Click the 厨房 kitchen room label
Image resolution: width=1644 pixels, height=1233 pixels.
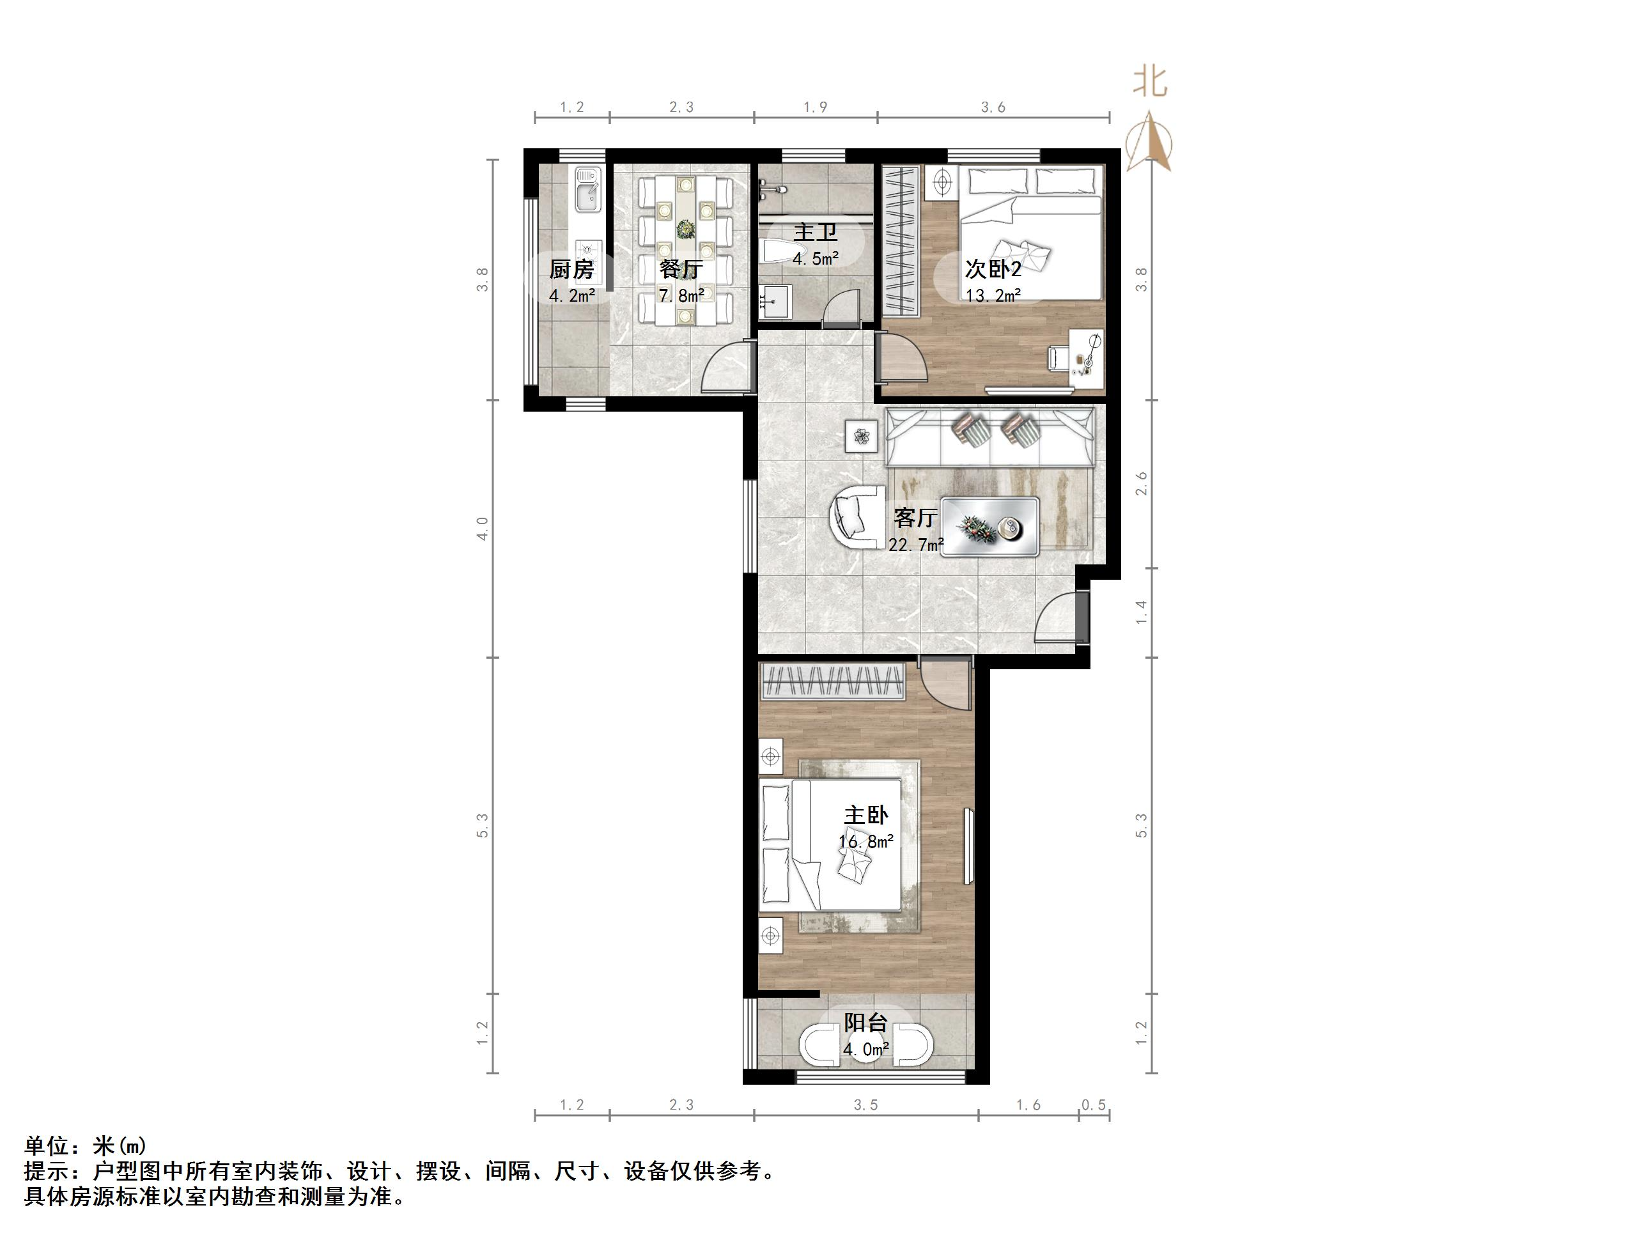(x=571, y=269)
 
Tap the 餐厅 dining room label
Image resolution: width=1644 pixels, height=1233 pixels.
(x=681, y=269)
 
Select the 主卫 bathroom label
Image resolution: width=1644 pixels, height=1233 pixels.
(x=816, y=233)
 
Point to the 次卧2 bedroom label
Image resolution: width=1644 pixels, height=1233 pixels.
(x=993, y=268)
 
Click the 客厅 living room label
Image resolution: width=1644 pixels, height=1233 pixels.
(x=915, y=517)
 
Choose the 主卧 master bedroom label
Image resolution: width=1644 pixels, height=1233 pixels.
(x=866, y=816)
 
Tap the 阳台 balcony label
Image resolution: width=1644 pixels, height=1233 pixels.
(x=866, y=1023)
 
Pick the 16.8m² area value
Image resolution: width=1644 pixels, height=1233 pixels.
(x=866, y=842)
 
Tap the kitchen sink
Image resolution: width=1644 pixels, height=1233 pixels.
(x=587, y=190)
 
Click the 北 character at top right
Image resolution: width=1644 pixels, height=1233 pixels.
(x=1150, y=82)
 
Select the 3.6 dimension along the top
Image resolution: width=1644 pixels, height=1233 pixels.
(x=993, y=108)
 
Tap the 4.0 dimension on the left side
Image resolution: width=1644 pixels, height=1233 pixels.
(x=483, y=529)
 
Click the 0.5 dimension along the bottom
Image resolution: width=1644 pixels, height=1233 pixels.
(x=1093, y=1106)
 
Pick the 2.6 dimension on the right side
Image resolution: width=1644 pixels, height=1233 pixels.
(x=1142, y=484)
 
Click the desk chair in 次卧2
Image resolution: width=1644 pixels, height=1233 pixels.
(x=1058, y=357)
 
